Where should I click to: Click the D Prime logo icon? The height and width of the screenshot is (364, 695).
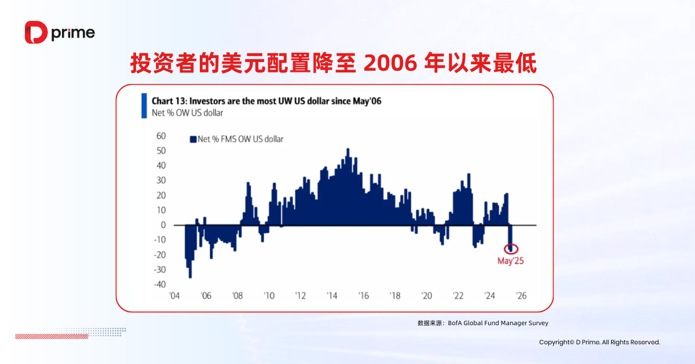coord(35,32)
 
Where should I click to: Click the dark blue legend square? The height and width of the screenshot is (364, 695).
coord(193,139)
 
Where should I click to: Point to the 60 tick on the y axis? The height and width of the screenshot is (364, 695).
coord(161,136)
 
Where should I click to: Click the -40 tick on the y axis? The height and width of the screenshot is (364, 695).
coord(159,285)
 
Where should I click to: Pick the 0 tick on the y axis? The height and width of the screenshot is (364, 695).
coord(163,225)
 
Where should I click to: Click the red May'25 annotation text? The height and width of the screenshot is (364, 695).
coord(511,261)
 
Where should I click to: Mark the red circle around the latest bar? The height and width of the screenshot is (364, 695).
coord(511,248)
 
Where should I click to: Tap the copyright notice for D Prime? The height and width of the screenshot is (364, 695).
coord(599,343)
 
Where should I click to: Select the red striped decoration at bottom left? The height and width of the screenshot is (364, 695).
coord(52,336)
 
